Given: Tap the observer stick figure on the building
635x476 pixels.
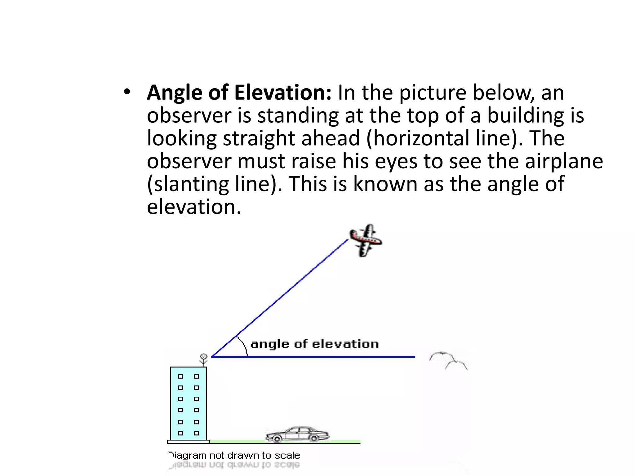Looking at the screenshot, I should click(203, 359).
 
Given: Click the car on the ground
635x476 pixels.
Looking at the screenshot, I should click(297, 434).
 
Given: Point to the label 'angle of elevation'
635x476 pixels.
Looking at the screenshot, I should click(314, 344).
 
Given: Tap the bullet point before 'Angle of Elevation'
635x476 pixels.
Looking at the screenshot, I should click(127, 92).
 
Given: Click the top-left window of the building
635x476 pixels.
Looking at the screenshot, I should click(180, 377).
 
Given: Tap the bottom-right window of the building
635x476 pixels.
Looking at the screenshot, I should click(196, 433).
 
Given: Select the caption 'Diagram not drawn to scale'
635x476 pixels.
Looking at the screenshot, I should click(234, 456).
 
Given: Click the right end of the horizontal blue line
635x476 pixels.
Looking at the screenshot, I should click(414, 357).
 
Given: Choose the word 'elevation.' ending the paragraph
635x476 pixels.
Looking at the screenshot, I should click(194, 207).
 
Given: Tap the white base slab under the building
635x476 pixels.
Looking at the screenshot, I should click(188, 442).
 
